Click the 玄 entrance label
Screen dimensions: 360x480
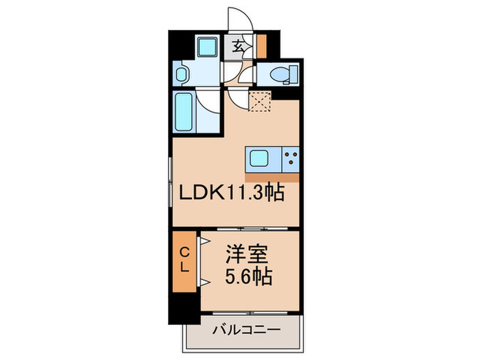[x=238, y=47]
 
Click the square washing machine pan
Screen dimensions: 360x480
[x=206, y=47]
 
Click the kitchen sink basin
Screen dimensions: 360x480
[x=259, y=160]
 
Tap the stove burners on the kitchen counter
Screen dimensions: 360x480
[x=291, y=160]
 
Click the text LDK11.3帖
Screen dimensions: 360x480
[x=232, y=194]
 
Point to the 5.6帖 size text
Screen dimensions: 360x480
[x=248, y=278]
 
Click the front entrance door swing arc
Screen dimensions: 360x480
[x=241, y=15]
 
